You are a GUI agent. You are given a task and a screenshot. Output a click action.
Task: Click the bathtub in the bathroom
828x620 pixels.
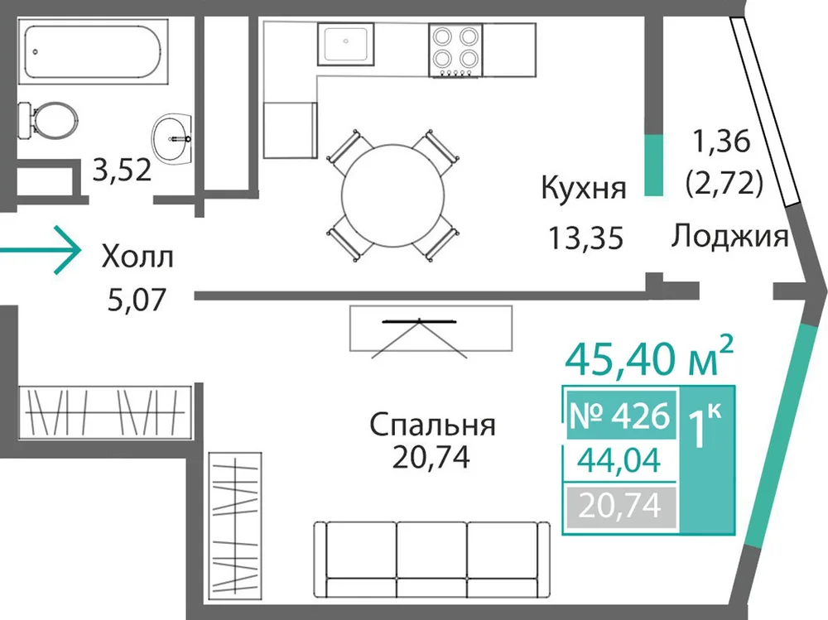coord(94,51)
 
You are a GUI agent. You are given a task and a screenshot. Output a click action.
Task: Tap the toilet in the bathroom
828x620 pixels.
coord(47,120)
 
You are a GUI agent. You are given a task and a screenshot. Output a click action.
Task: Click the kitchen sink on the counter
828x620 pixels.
coord(346,44)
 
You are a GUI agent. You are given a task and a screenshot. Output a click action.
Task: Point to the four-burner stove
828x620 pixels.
coord(455,50)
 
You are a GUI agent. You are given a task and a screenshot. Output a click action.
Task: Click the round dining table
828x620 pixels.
coord(392,195)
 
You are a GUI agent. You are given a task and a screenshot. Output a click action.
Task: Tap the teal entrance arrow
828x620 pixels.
coord(41,250)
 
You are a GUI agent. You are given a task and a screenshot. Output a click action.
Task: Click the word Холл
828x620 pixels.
coord(137,257)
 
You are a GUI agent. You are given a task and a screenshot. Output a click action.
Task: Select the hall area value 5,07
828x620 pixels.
coord(137,300)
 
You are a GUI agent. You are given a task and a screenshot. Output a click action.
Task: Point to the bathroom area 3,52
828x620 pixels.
coord(122,170)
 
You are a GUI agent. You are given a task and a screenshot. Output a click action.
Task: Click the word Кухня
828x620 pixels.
coord(584,188)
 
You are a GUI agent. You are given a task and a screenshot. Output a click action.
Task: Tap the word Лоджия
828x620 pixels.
coord(730,236)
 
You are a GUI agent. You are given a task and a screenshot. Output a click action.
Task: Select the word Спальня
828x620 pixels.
coord(432,425)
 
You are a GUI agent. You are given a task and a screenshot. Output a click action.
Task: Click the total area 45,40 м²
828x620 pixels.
coord(649,357)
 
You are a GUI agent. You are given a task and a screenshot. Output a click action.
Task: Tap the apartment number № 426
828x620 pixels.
coord(620,415)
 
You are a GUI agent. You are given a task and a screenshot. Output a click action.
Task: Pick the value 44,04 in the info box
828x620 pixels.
coord(619,459)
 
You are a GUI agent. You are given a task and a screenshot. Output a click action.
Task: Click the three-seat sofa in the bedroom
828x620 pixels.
coord(432,560)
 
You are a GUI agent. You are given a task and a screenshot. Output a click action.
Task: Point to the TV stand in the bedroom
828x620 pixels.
coord(431,329)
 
